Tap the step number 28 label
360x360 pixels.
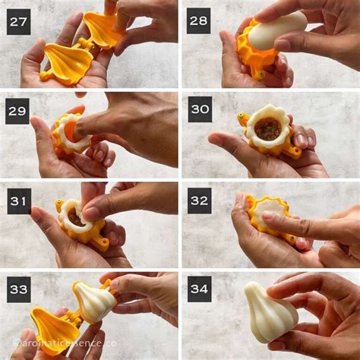(198, 21)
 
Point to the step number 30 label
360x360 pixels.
(198, 110)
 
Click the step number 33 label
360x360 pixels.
(19, 289)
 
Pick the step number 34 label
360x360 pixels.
(198, 289)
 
